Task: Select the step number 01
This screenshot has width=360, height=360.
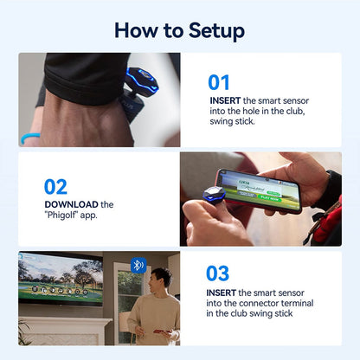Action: click(220, 83)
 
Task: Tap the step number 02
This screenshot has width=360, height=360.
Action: click(56, 186)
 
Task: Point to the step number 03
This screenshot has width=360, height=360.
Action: click(218, 273)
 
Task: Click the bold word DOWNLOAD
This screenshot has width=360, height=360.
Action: click(72, 205)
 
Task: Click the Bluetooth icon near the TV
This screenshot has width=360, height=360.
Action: click(138, 265)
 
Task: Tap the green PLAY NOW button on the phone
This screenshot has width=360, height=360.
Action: click(269, 196)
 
